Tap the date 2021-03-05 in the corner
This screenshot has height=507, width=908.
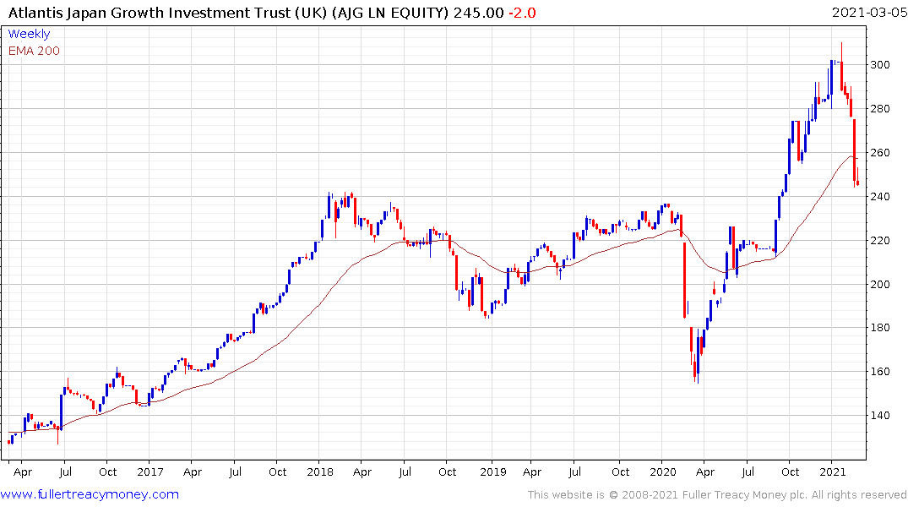(x=867, y=13)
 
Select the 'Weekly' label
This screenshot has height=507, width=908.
(x=29, y=34)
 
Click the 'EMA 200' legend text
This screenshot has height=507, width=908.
(x=34, y=51)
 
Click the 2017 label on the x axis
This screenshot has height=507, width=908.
(x=150, y=472)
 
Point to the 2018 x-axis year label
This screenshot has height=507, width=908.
(x=321, y=472)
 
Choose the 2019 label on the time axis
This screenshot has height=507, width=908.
(x=491, y=472)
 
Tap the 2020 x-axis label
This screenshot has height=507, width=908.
(x=663, y=472)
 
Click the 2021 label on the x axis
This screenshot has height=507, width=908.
(x=834, y=472)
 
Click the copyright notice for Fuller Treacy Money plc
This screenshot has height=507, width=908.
(x=718, y=495)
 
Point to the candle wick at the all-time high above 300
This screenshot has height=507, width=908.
(x=841, y=51)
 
